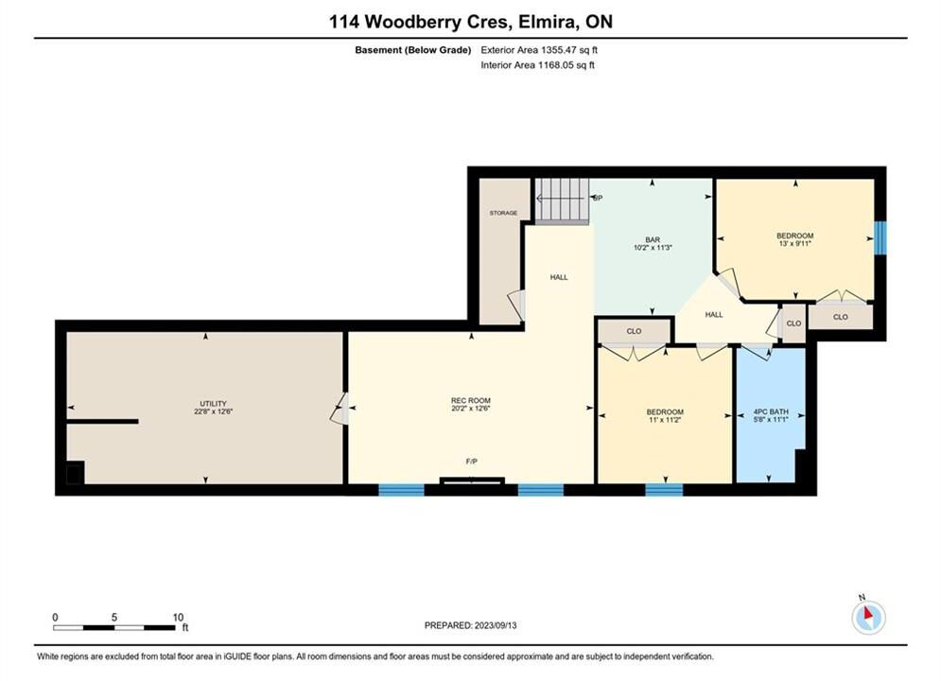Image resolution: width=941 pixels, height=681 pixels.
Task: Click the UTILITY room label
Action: (x=213, y=404)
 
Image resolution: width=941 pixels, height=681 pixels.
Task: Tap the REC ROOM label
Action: (x=471, y=401)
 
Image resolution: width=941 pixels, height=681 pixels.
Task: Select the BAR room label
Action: (x=653, y=239)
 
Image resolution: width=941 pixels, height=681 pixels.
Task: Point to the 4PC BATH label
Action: (x=771, y=412)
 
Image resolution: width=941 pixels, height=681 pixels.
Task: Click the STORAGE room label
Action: (x=503, y=213)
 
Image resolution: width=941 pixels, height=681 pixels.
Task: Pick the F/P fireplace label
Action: (x=472, y=462)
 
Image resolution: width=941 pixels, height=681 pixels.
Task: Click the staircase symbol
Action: (x=561, y=201)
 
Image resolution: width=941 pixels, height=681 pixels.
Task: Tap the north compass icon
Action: (x=868, y=616)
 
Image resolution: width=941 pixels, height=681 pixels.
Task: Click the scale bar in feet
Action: (x=114, y=628)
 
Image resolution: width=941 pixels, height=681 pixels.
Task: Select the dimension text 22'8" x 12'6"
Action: (x=213, y=411)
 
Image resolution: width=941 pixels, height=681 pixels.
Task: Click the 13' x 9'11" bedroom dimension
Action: (x=794, y=244)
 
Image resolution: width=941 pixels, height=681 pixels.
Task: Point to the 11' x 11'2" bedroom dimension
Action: (x=665, y=420)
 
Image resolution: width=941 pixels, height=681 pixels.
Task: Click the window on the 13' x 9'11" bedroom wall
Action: (x=880, y=238)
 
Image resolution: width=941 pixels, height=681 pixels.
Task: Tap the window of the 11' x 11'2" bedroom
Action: (x=664, y=490)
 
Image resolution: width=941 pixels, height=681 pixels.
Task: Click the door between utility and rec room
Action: (x=340, y=408)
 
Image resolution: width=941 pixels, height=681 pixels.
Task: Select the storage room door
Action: (x=516, y=305)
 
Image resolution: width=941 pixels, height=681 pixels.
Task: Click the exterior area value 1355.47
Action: (x=559, y=50)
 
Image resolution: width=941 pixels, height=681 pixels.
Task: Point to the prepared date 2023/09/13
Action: (x=496, y=625)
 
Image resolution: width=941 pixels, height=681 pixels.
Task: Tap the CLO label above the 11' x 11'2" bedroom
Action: (x=634, y=331)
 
